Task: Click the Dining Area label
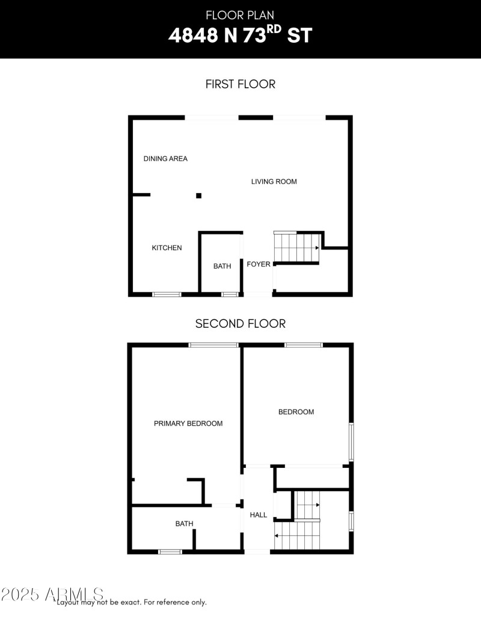click(165, 159)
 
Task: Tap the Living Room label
click(274, 182)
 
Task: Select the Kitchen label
click(167, 248)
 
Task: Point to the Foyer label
click(259, 264)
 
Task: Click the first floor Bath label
click(222, 266)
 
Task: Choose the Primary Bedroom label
click(188, 423)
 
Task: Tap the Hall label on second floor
click(258, 515)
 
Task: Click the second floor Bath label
click(185, 524)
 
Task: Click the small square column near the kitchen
click(198, 195)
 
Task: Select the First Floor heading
click(240, 84)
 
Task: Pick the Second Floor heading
click(240, 324)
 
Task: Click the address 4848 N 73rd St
click(240, 34)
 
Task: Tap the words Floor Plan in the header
click(240, 15)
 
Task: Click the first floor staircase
click(296, 247)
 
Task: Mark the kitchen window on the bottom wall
click(167, 295)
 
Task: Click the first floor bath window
click(230, 295)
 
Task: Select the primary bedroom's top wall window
click(213, 345)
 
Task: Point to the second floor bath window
click(170, 551)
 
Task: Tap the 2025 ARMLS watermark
click(52, 594)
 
